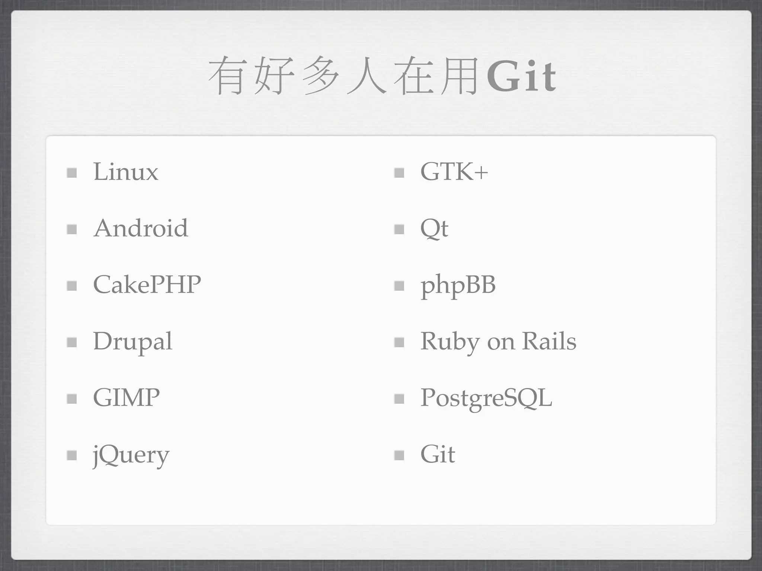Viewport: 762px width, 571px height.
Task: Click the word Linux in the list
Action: pos(125,172)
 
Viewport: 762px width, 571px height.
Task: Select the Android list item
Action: pos(141,228)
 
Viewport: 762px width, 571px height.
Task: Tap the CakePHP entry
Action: pos(147,285)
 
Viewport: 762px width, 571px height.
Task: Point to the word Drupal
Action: pos(132,341)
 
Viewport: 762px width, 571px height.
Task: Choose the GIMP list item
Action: pos(126,398)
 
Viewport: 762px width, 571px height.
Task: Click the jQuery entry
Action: pos(131,455)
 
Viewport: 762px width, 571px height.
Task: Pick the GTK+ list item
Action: pos(454,172)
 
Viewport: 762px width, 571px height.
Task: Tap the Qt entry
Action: pos(434,229)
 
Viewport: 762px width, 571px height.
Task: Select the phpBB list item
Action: pos(458,285)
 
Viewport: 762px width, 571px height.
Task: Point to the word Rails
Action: pos(549,341)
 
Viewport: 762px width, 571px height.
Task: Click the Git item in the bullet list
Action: pos(438,454)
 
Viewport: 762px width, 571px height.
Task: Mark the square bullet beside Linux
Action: pos(72,173)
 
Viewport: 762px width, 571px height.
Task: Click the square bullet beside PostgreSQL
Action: pos(399,399)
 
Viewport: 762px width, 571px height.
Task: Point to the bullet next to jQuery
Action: pos(72,455)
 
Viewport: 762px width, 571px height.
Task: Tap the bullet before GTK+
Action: pos(399,173)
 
